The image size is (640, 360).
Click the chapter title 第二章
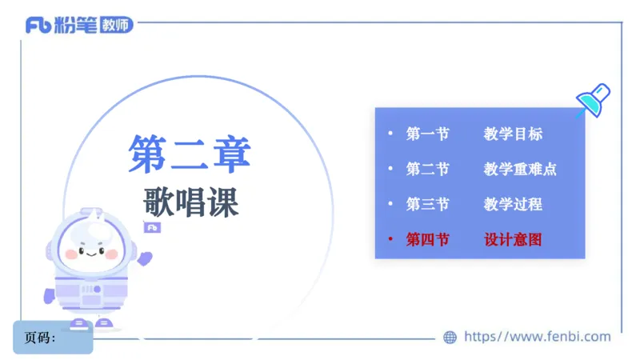point(190,154)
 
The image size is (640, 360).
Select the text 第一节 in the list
point(427,134)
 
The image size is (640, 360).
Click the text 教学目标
point(513,134)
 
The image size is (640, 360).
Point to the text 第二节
point(427,170)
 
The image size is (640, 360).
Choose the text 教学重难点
point(520,170)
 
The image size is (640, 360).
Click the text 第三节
point(427,204)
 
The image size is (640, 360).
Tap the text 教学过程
point(513,204)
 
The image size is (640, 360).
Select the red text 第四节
point(427,239)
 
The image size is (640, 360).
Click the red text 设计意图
point(513,239)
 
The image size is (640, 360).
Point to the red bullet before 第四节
point(390,239)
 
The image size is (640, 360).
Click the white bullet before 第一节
point(390,134)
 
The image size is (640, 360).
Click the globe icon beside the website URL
point(450,338)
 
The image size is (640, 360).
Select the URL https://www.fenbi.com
point(537,337)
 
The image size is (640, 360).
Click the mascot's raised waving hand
point(145,258)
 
